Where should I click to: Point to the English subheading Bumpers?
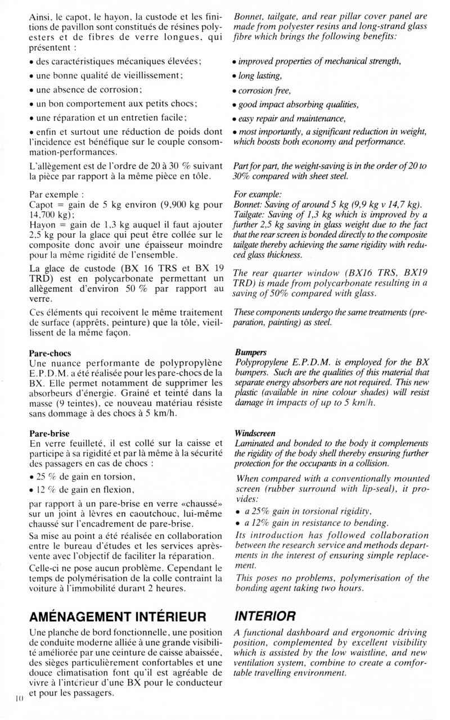(249, 352)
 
